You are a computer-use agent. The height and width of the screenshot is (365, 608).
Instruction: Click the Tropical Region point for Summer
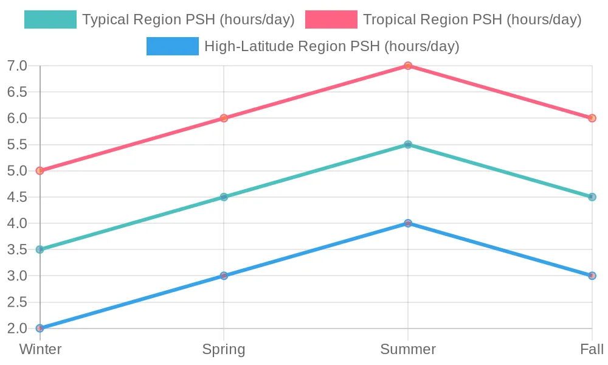pos(408,66)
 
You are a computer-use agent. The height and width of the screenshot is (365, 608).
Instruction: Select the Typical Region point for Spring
pos(224,197)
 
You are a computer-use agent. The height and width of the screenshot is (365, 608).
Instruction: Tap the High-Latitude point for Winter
pos(40,328)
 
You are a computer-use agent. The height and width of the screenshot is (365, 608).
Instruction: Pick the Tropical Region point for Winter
pos(40,171)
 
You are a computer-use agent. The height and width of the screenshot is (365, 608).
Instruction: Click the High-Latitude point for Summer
pos(408,223)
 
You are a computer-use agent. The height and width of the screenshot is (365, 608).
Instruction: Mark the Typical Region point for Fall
pos(592,197)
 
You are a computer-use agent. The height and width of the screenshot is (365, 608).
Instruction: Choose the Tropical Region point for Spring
pos(224,118)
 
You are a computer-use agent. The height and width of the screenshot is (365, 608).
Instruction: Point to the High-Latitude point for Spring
pos(224,276)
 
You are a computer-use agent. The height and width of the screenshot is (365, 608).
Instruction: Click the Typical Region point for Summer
pos(408,145)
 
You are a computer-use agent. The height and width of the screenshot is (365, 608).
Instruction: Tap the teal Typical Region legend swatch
pos(50,19)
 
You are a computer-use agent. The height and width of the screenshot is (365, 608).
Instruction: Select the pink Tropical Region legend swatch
pos(331,19)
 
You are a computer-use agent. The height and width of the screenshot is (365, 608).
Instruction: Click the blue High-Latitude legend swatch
pos(173,46)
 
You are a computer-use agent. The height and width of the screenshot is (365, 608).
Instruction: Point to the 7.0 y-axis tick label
pos(18,66)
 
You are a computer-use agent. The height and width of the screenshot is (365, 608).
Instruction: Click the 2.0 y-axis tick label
pos(18,328)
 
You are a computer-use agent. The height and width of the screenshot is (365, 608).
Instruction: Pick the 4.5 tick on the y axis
pos(18,197)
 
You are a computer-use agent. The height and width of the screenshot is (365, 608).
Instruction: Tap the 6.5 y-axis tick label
pos(18,92)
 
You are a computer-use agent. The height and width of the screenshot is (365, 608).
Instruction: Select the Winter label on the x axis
pos(40,349)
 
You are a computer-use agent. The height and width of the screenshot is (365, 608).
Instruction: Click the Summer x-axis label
pos(408,349)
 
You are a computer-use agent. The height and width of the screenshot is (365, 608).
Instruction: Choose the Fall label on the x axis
pos(592,349)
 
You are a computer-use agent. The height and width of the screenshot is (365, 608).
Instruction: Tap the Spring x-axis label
pos(224,349)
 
